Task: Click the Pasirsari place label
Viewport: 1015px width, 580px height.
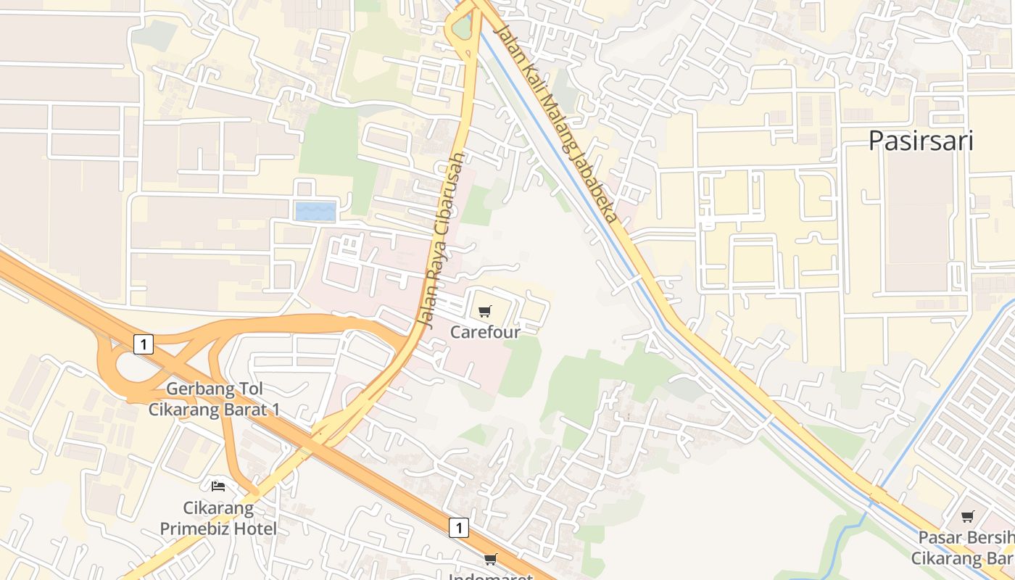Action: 921,140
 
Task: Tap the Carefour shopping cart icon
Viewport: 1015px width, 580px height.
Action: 484,312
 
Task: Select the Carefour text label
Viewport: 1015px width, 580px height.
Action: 485,332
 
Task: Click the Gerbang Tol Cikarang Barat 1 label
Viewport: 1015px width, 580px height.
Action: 214,399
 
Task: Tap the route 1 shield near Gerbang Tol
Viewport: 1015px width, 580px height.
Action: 144,344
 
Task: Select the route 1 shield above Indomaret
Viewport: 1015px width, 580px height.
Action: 458,528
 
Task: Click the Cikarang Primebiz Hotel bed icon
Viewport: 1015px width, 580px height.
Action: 217,486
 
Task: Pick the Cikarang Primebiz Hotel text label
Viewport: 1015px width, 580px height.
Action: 217,518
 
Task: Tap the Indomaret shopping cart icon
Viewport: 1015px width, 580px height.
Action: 491,559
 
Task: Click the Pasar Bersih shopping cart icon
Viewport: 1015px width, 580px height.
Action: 967,517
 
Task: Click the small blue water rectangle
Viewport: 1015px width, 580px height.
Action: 315,212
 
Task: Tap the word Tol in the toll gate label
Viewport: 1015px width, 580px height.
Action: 248,389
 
